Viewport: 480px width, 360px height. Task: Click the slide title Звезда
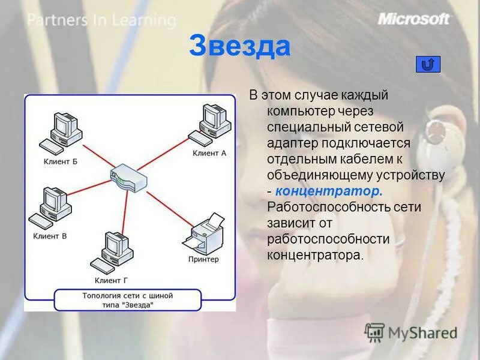point(239,47)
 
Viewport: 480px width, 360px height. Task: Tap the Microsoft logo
point(414,19)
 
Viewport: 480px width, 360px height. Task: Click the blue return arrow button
point(428,64)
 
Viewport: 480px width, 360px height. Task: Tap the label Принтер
point(203,260)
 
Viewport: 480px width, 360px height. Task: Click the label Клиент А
point(209,153)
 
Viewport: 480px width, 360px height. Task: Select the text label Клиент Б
point(61,161)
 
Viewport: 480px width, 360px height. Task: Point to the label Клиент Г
point(111,280)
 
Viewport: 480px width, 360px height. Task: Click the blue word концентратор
point(328,191)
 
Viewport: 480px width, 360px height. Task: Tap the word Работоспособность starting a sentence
point(344,207)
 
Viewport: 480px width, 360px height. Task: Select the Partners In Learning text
point(101,20)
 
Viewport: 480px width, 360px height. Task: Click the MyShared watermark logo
point(411,332)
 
